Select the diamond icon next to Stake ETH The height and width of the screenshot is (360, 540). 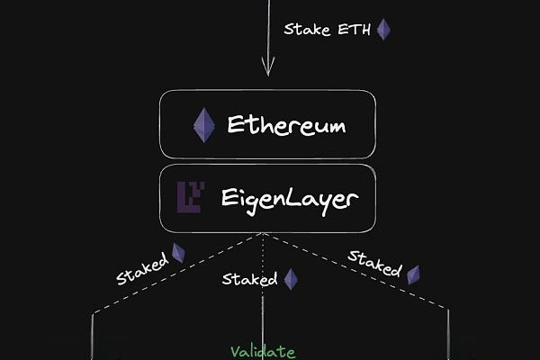[x=383, y=29]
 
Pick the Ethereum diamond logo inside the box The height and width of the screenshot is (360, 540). [x=204, y=125]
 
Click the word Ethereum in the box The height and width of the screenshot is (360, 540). [x=286, y=124]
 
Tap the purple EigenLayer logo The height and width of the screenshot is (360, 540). [x=190, y=196]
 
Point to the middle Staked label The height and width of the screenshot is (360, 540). [x=249, y=280]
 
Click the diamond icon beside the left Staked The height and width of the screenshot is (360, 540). [x=178, y=253]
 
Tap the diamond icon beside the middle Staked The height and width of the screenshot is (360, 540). [x=291, y=279]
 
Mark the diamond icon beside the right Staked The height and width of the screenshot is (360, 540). [x=413, y=274]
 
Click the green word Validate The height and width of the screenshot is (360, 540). [x=262, y=352]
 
